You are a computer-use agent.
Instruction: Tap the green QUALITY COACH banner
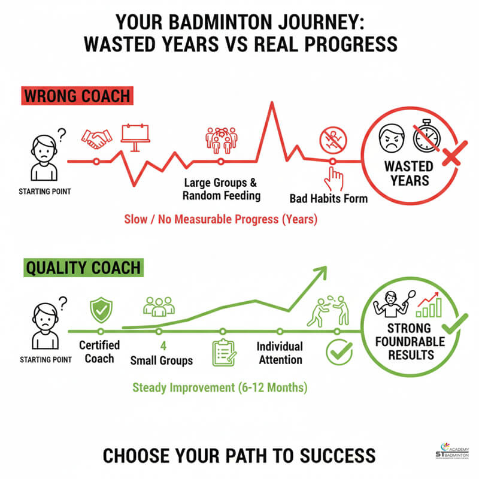[83, 266]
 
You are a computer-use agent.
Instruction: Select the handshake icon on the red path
[96, 139]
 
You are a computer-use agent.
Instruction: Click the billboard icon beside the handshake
[136, 137]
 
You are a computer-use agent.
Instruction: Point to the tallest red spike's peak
[272, 104]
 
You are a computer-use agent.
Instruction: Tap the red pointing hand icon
[334, 178]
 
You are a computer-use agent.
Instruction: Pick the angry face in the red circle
[390, 139]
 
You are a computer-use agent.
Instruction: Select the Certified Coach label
[99, 352]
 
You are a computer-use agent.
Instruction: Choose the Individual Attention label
[280, 353]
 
